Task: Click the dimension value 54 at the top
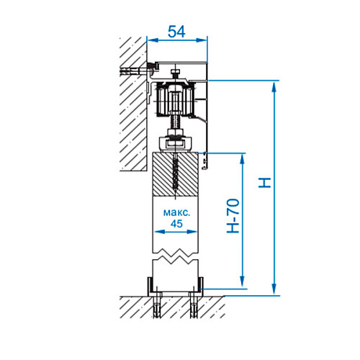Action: (176, 32)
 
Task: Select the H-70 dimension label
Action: (233, 216)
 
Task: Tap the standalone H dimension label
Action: (264, 183)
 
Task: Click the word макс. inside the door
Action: (176, 212)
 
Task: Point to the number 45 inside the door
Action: (176, 224)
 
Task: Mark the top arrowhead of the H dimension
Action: (274, 86)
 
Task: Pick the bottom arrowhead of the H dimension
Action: (274, 289)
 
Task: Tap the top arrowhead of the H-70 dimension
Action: (243, 158)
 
